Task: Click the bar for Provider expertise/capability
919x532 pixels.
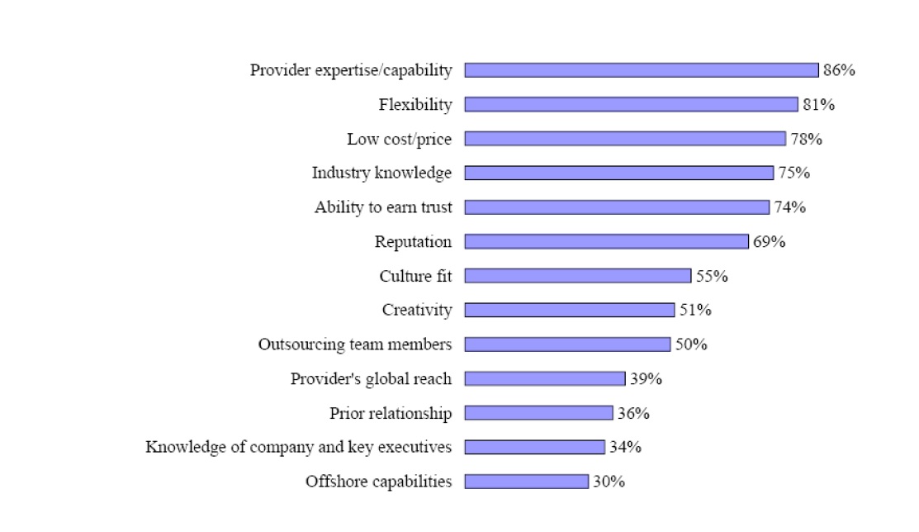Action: pos(642,70)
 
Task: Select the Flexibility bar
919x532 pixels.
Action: pos(632,105)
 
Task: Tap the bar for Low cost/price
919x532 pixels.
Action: pos(625,139)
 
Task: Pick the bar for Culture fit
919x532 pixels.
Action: pos(578,276)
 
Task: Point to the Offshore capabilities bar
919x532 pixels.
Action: pos(527,482)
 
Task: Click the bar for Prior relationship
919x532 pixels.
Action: pos(539,413)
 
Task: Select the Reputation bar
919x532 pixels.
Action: pos(607,241)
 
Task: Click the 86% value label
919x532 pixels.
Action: pos(839,70)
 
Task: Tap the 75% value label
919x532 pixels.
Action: pos(793,173)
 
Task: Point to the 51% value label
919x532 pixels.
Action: pos(695,310)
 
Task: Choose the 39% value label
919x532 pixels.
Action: pos(646,378)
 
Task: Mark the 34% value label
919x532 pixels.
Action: pos(625,447)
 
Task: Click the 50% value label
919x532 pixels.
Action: pos(691,344)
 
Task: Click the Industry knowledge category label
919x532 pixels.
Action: pos(381,173)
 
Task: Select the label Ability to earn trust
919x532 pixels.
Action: pos(383,207)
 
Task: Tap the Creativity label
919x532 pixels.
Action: pos(417,310)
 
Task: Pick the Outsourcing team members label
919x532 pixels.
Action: pos(355,344)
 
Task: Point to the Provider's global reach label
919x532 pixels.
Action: pos(371,378)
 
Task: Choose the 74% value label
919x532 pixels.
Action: pos(789,207)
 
